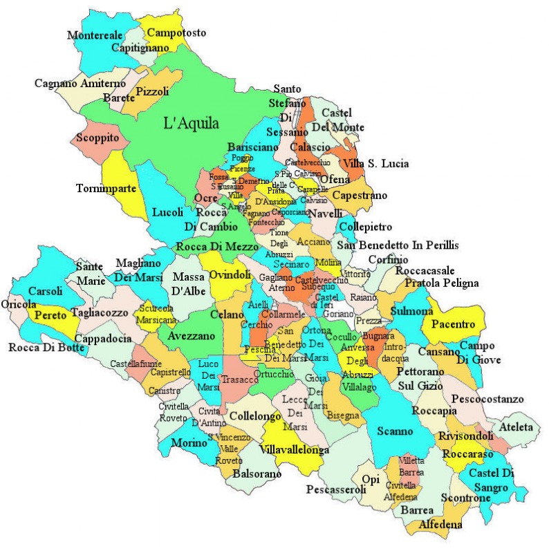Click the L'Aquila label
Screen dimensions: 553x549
coord(191,124)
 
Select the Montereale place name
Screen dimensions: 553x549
coord(95,35)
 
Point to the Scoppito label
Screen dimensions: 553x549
coord(98,138)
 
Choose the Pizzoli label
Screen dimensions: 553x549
coord(152,91)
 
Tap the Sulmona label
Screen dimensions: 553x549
coord(411,312)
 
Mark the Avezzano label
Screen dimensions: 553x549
coord(190,337)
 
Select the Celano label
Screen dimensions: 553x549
coord(226,315)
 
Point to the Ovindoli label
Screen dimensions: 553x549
coord(230,275)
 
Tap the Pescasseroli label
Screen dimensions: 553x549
coord(336,490)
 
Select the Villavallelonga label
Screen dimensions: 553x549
coord(295,449)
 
